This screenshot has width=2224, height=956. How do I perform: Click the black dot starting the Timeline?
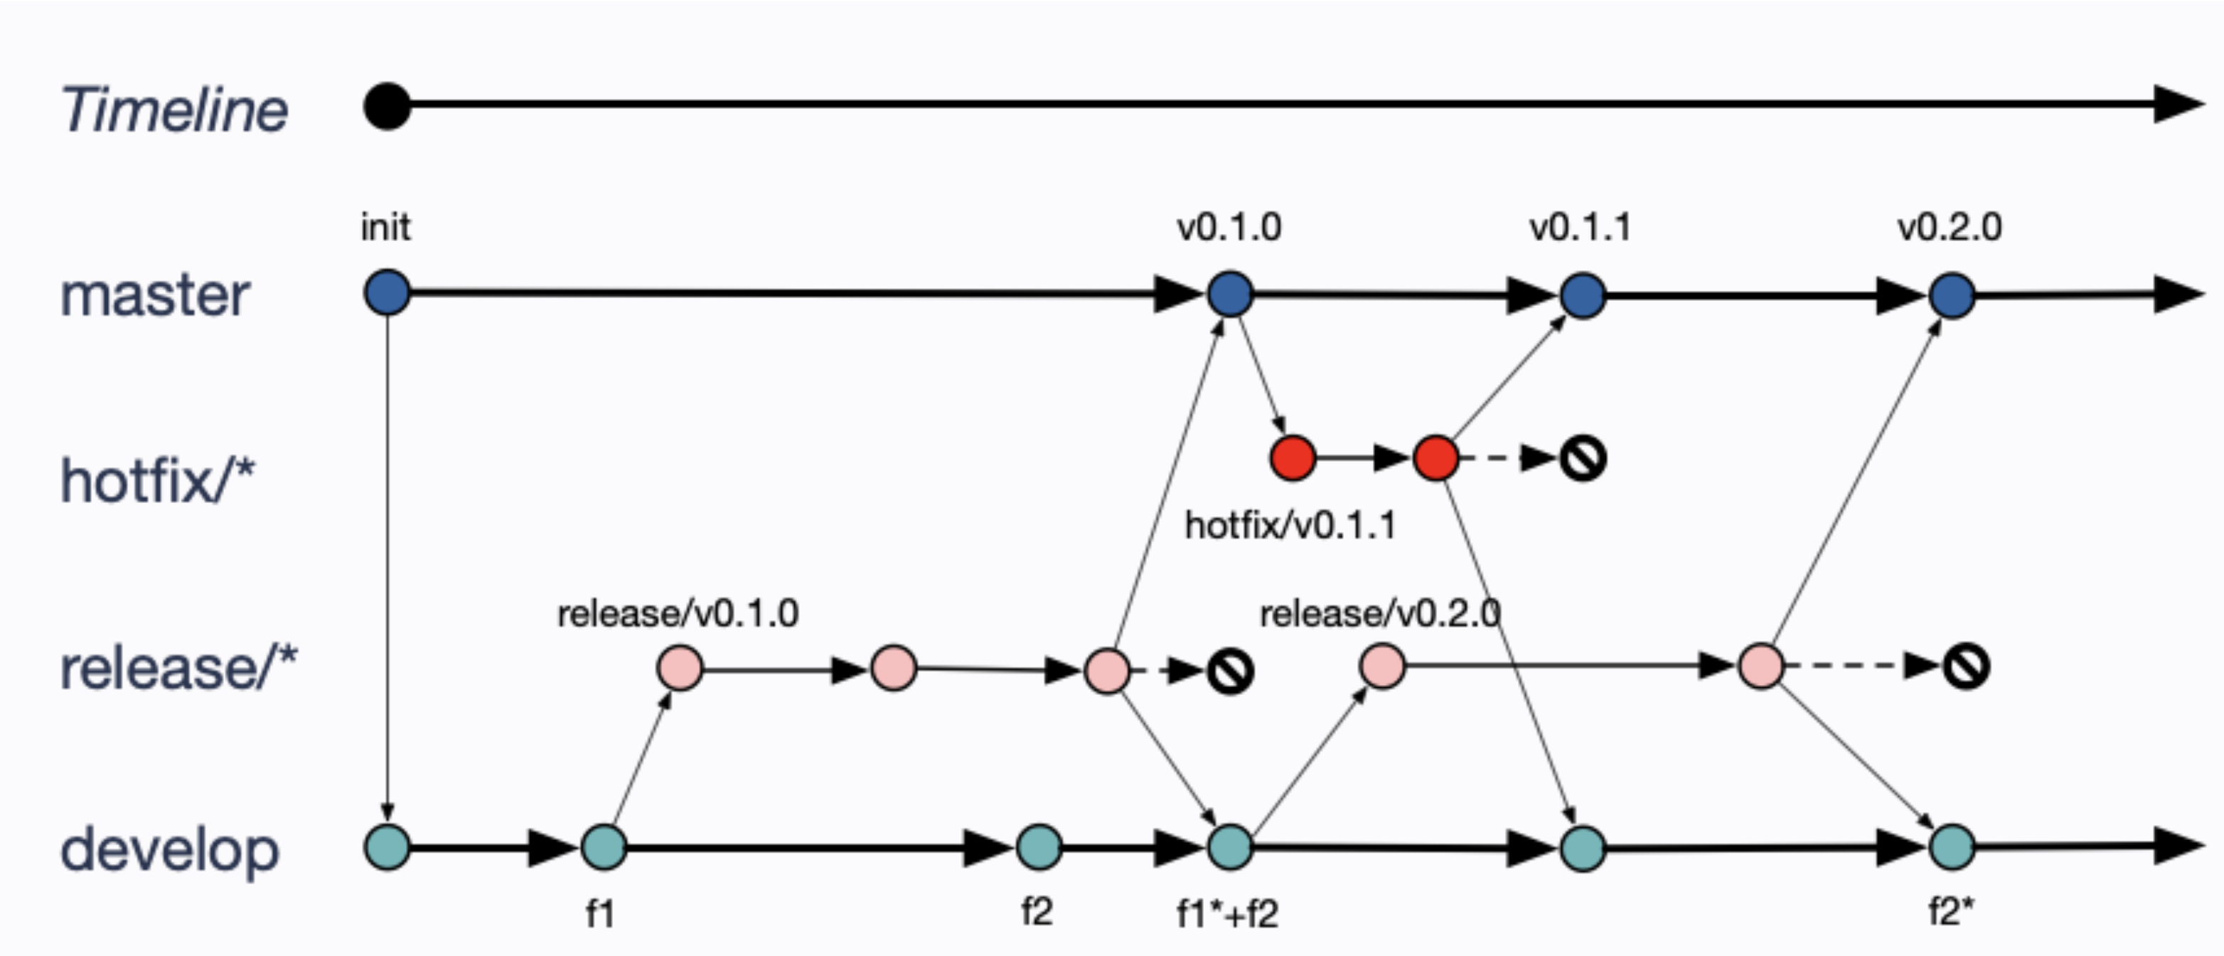[x=387, y=106]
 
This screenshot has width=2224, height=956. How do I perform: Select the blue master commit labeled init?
[x=387, y=294]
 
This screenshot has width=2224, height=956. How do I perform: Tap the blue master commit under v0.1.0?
[x=1229, y=294]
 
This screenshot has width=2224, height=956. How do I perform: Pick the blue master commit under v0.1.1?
[x=1583, y=295]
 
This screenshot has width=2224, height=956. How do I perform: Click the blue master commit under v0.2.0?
[x=1952, y=295]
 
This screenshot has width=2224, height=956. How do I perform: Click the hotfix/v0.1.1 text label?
[x=1290, y=525]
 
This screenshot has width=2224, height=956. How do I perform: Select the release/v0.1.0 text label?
[x=678, y=614]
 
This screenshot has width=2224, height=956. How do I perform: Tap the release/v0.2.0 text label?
[x=1379, y=614]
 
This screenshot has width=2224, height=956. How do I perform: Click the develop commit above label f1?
[x=604, y=847]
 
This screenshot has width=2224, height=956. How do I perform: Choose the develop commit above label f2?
[x=1039, y=847]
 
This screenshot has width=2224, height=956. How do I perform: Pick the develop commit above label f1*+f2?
[x=1229, y=847]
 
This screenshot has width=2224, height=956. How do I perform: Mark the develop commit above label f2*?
[x=1952, y=847]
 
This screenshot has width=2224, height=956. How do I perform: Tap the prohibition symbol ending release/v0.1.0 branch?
[x=1230, y=671]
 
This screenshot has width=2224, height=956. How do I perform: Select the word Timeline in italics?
[x=174, y=110]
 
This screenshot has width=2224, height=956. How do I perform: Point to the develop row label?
[x=169, y=850]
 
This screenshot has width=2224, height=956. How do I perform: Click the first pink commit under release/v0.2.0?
[x=1382, y=666]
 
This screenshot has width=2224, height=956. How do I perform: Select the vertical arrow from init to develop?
[x=387, y=561]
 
